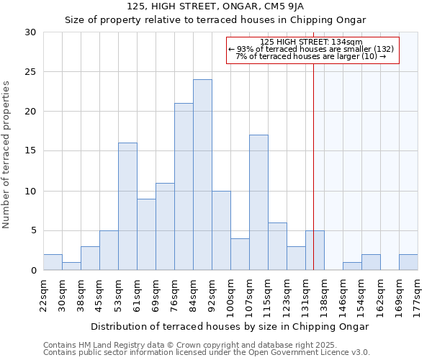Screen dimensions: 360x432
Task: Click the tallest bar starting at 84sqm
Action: pos(202,175)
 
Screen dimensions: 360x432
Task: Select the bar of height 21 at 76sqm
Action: pos(184,186)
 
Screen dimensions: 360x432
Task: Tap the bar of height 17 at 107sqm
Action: pos(258,202)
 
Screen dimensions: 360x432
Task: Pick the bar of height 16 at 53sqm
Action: pos(127,207)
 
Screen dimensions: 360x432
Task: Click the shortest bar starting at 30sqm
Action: pos(71,266)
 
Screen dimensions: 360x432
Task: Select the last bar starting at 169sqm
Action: pos(408,262)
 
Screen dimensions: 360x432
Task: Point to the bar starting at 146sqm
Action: pos(352,266)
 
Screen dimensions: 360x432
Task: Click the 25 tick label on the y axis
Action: pos(31,72)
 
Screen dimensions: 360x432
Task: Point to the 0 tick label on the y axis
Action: pos(34,271)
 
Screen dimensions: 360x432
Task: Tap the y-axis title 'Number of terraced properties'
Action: pos(6,155)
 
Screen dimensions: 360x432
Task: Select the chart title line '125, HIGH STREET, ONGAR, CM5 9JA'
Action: pos(215,6)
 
